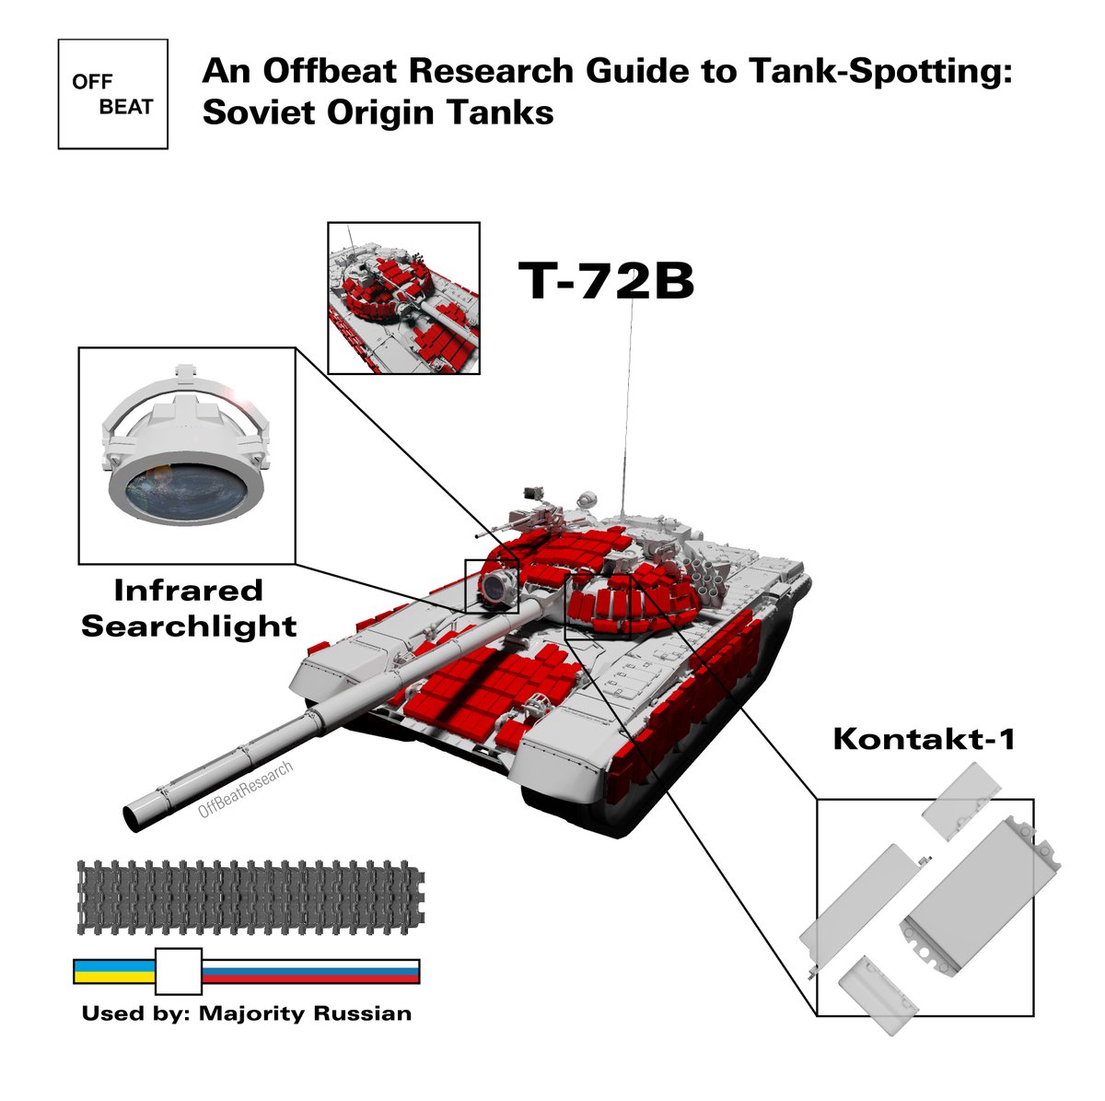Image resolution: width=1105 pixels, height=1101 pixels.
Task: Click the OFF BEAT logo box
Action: coord(112,94)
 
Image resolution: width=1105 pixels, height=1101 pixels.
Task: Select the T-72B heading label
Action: coord(606,281)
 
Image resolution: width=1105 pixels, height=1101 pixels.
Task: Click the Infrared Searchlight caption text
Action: coord(189,608)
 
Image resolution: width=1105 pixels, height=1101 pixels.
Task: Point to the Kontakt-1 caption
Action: coord(924,738)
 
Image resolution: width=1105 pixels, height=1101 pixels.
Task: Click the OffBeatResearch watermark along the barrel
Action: coord(246,791)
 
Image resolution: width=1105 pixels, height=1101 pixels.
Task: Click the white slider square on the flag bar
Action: coord(179,971)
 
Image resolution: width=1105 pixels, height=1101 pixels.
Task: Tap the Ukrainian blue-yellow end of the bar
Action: coord(113,971)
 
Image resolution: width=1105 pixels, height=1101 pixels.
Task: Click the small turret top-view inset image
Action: coord(403,298)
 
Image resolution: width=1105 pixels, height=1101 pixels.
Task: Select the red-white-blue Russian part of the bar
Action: coord(311,971)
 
